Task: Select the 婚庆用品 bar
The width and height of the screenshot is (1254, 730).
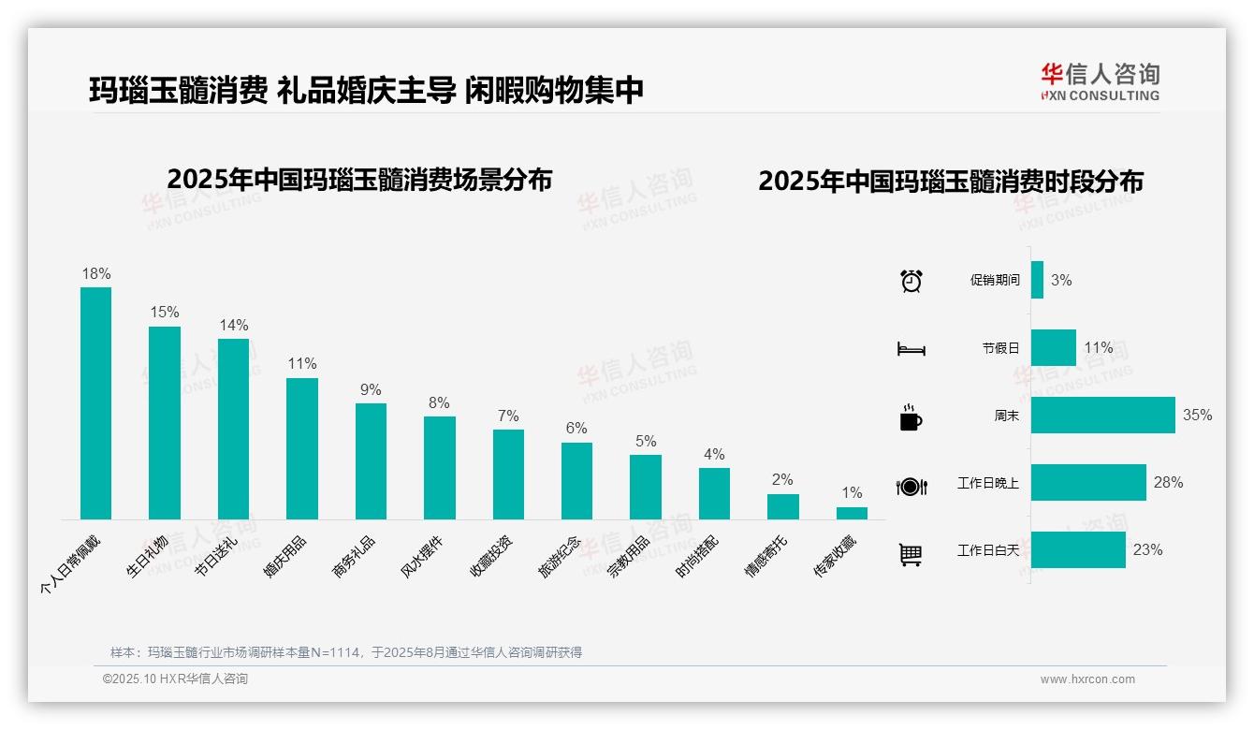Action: [x=301, y=448]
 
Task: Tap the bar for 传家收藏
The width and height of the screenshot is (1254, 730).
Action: [x=852, y=513]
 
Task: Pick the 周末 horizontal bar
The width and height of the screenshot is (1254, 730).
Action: [x=1102, y=415]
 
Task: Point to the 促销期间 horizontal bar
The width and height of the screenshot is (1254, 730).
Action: [x=1037, y=280]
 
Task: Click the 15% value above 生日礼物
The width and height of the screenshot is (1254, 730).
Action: [x=165, y=313]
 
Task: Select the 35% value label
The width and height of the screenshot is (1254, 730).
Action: [x=1197, y=415]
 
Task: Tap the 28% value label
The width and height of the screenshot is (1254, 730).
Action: [x=1168, y=482]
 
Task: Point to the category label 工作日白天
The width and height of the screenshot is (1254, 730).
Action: [x=987, y=550]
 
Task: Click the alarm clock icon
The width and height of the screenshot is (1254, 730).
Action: [x=911, y=281]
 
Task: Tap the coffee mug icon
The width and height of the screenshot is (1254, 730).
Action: [x=911, y=417]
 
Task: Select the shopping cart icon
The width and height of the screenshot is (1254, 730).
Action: [x=911, y=554]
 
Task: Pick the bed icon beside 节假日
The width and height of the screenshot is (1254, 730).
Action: [x=911, y=349]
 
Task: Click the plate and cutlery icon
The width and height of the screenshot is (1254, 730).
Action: [x=911, y=486]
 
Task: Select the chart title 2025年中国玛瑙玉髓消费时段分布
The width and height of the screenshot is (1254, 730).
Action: [x=951, y=182]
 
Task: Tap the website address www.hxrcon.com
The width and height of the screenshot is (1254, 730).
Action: [x=1087, y=679]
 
